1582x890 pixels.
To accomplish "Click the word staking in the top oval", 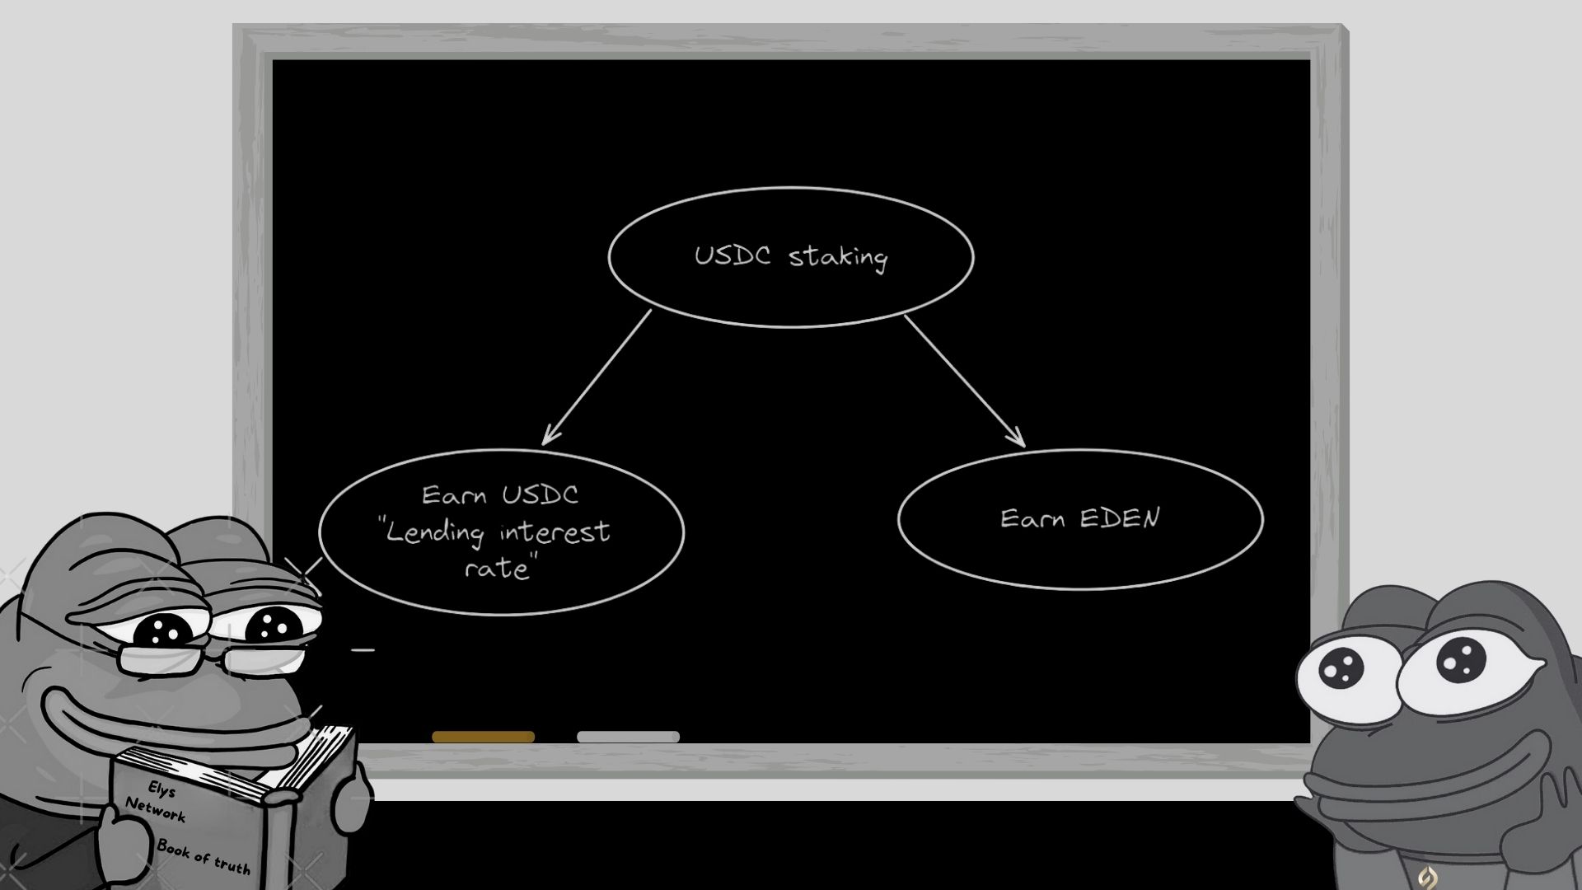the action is pyautogui.click(x=838, y=258).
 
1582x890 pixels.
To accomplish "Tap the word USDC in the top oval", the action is pyautogui.click(x=732, y=255).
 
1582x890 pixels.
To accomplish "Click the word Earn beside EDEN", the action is pyautogui.click(x=1032, y=518).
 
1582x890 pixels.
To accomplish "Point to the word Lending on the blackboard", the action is pyautogui.click(x=435, y=532).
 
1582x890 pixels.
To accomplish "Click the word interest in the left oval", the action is pyautogui.click(x=555, y=532).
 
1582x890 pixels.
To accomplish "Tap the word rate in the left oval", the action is pyautogui.click(x=496, y=569).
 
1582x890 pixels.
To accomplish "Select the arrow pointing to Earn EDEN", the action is pyautogui.click(x=965, y=381).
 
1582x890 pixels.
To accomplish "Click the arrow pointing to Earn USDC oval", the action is pyautogui.click(x=597, y=377).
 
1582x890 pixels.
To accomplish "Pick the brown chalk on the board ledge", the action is pyautogui.click(x=483, y=737).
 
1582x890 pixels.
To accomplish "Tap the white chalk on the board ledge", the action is pyautogui.click(x=628, y=737).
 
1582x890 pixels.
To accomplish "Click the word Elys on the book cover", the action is pyautogui.click(x=161, y=789).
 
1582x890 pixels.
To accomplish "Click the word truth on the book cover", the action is pyautogui.click(x=232, y=864).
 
